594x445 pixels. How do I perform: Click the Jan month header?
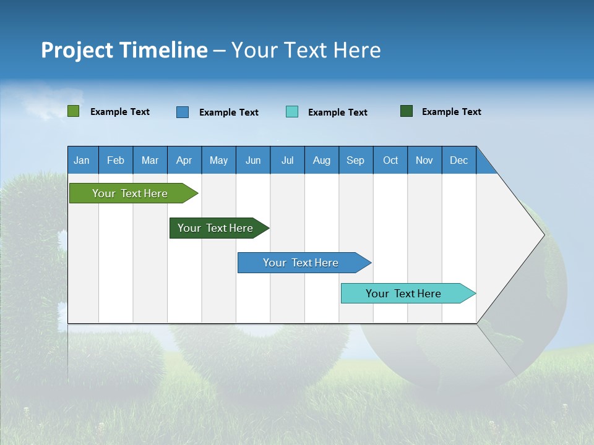click(x=82, y=160)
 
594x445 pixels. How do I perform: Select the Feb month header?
click(x=116, y=160)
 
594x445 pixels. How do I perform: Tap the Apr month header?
click(x=184, y=160)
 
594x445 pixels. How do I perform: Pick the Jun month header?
click(x=253, y=160)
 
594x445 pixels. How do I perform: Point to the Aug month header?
click(x=322, y=160)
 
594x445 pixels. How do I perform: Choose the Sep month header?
click(x=355, y=160)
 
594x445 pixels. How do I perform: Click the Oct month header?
click(x=390, y=160)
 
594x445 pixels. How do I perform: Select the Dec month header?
click(x=458, y=160)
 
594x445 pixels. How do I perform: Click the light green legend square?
click(x=74, y=111)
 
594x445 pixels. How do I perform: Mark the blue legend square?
click(x=183, y=112)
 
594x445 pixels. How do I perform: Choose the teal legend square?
click(x=292, y=112)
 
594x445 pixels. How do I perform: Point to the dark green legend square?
click(x=407, y=111)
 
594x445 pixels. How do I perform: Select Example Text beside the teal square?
click(x=337, y=112)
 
